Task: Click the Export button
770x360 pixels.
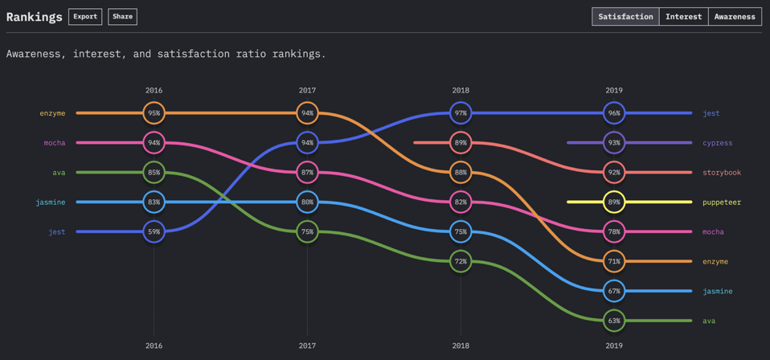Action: pos(84,16)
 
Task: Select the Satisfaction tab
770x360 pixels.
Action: pos(625,16)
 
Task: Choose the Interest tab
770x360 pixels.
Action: pos(683,16)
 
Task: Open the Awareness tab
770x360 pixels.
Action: pos(735,16)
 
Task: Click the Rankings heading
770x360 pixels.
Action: pos(34,16)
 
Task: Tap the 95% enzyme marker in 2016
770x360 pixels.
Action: pos(154,113)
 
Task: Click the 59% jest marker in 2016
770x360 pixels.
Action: pos(154,231)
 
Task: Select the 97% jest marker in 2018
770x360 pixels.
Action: pos(461,113)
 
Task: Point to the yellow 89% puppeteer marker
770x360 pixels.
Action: pos(614,202)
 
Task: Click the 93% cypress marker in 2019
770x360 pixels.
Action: pos(614,143)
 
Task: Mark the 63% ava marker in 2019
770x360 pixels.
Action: pos(614,321)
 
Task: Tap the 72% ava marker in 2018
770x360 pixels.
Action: pos(461,261)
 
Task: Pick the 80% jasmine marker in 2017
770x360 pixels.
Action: pos(307,202)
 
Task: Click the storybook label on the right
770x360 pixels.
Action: pos(721,173)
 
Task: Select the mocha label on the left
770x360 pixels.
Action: pos(55,143)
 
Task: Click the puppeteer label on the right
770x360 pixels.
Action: pos(721,202)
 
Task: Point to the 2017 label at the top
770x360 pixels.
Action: pos(307,90)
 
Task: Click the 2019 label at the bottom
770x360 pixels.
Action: pos(614,346)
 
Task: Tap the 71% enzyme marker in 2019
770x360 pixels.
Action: pos(614,261)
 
